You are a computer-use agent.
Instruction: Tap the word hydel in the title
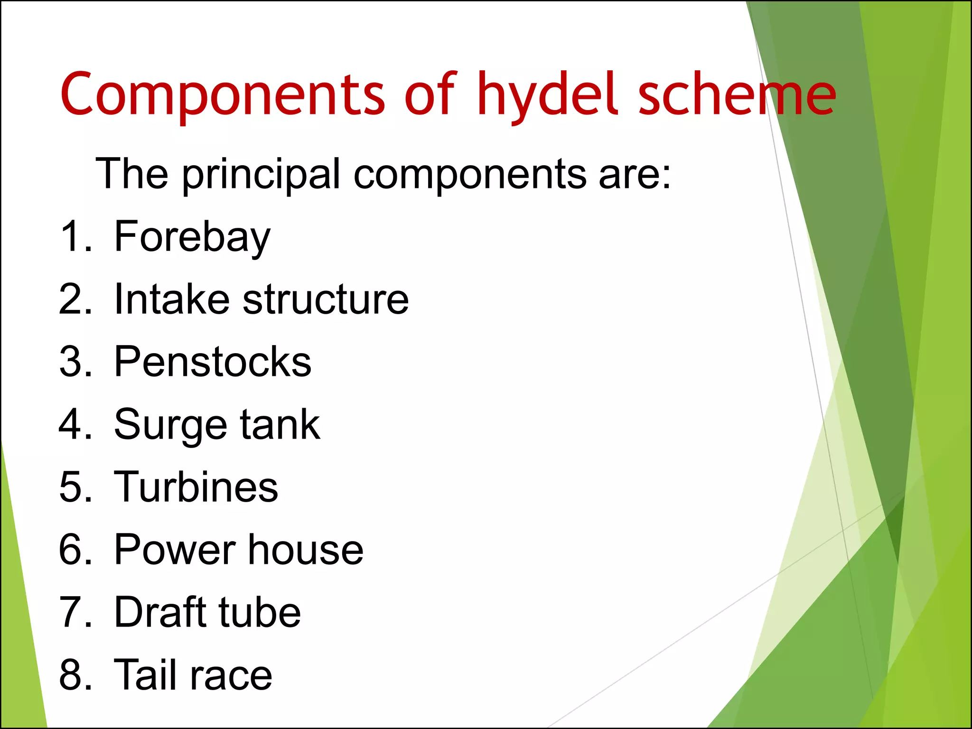coord(548,95)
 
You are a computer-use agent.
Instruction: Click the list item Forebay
coord(192,237)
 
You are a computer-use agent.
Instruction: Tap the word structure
coord(326,299)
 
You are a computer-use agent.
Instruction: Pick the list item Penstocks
coord(213,362)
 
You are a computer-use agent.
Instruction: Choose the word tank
coord(280,424)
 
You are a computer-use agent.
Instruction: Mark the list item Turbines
coord(196,487)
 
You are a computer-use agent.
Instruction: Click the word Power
coord(175,550)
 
